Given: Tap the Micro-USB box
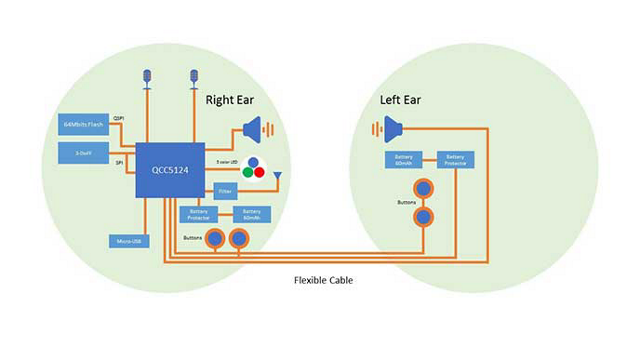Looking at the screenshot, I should coord(127,241).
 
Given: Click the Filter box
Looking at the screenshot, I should coord(224,191).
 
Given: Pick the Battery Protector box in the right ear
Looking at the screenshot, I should coord(197,213).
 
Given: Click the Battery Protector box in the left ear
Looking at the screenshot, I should coord(455,159).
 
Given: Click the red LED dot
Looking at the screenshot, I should coord(258,172).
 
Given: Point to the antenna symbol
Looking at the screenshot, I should coord(276,180).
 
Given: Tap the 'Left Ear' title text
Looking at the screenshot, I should coord(402,100).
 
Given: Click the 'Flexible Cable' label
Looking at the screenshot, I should coord(322,280).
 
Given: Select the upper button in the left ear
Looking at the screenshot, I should coord(425,187).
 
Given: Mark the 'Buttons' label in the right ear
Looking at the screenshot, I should coord(194,237).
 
